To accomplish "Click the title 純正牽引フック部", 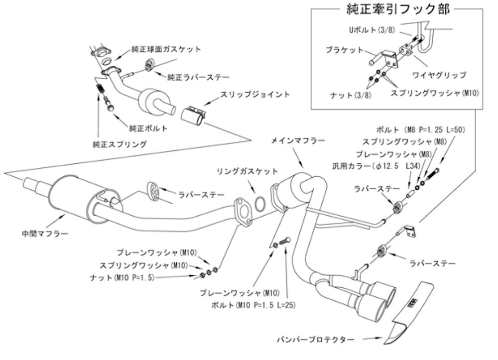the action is [397, 9].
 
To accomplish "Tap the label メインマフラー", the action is [298, 140].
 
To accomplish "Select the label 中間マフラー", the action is [45, 234].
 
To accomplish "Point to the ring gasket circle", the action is [259, 205].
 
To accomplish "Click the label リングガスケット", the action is [247, 171].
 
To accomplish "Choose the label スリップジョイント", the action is [255, 94].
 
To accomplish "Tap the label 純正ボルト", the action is [148, 128].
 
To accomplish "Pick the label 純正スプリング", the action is [120, 144].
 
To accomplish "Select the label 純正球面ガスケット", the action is [166, 49].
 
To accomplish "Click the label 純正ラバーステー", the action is [198, 77].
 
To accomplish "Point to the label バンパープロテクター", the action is [316, 340].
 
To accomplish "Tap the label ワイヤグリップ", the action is [439, 75].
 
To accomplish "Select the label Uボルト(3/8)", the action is [372, 30].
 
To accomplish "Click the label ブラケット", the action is [344, 50].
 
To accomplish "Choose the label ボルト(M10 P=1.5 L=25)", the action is [253, 305].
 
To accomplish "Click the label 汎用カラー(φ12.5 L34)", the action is [376, 166].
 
